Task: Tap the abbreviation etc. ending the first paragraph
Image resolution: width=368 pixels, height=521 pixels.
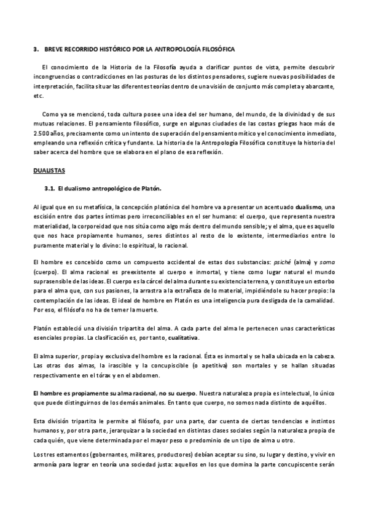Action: point(39,96)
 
